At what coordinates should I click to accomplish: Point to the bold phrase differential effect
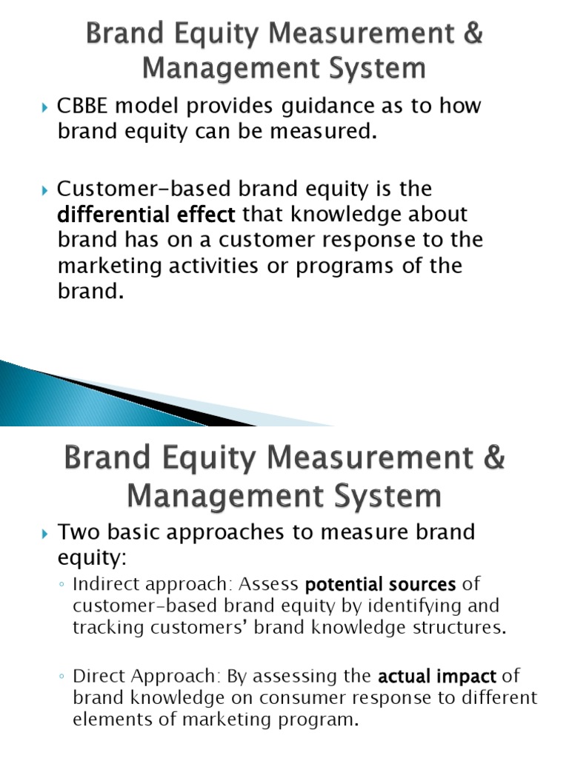pos(147,215)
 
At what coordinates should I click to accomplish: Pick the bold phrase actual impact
pos(436,676)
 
